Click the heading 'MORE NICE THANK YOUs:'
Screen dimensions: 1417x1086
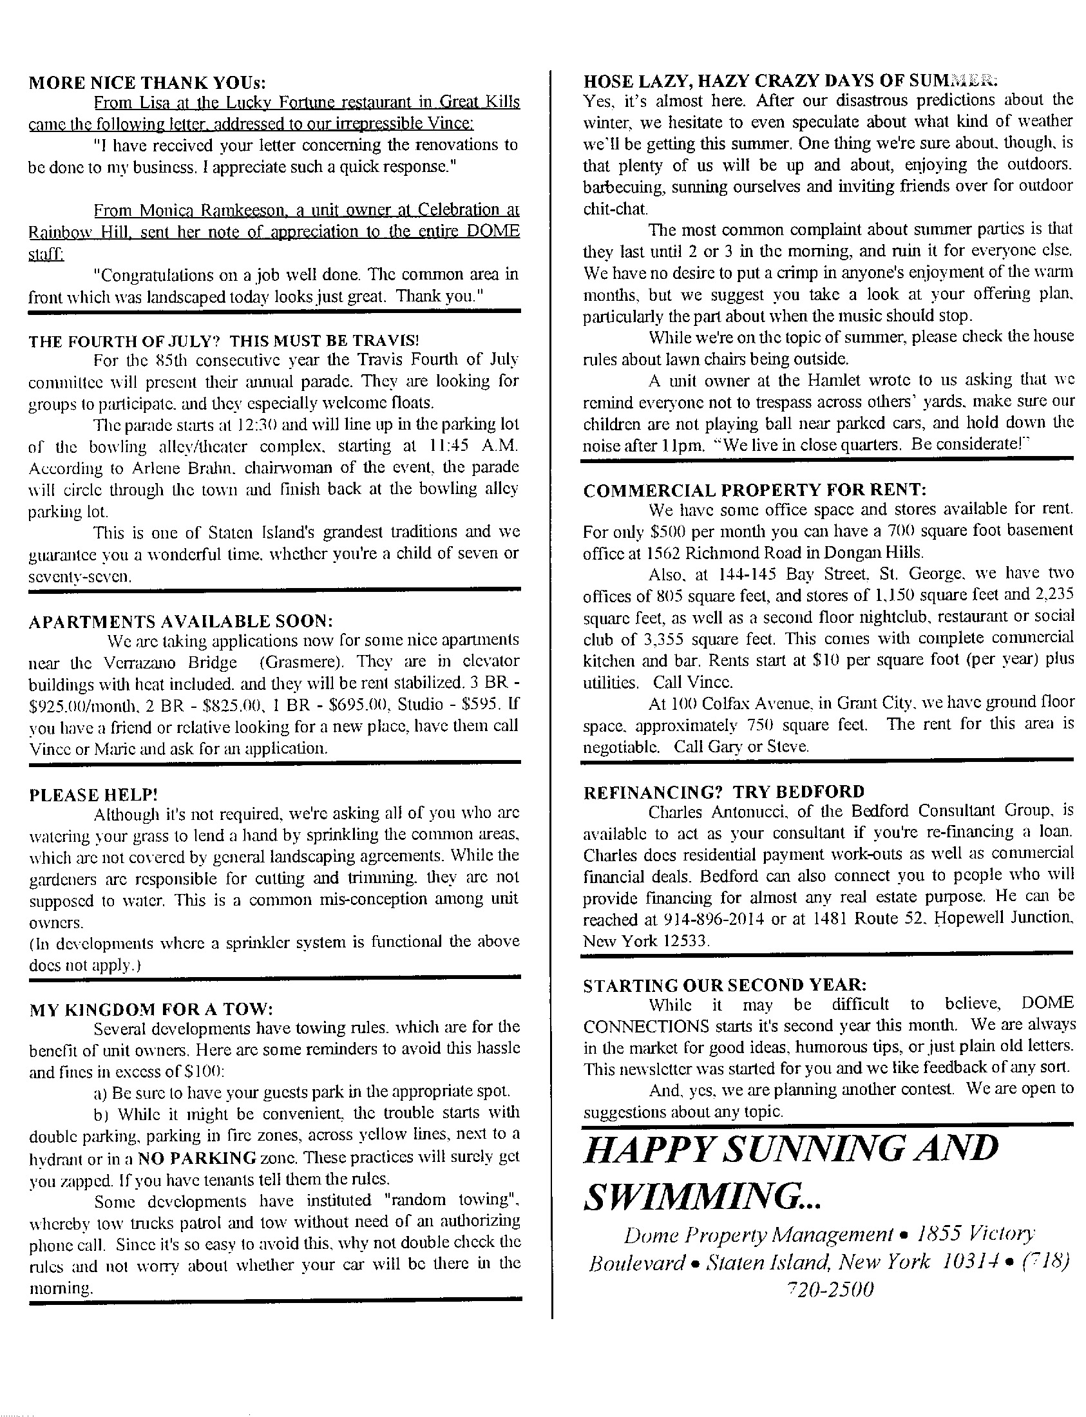[148, 82]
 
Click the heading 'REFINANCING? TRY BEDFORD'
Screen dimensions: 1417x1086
[723, 792]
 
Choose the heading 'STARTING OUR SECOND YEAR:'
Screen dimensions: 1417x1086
[725, 985]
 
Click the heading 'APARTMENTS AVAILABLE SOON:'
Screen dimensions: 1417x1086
[181, 622]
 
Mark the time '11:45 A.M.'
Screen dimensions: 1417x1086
[474, 446]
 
